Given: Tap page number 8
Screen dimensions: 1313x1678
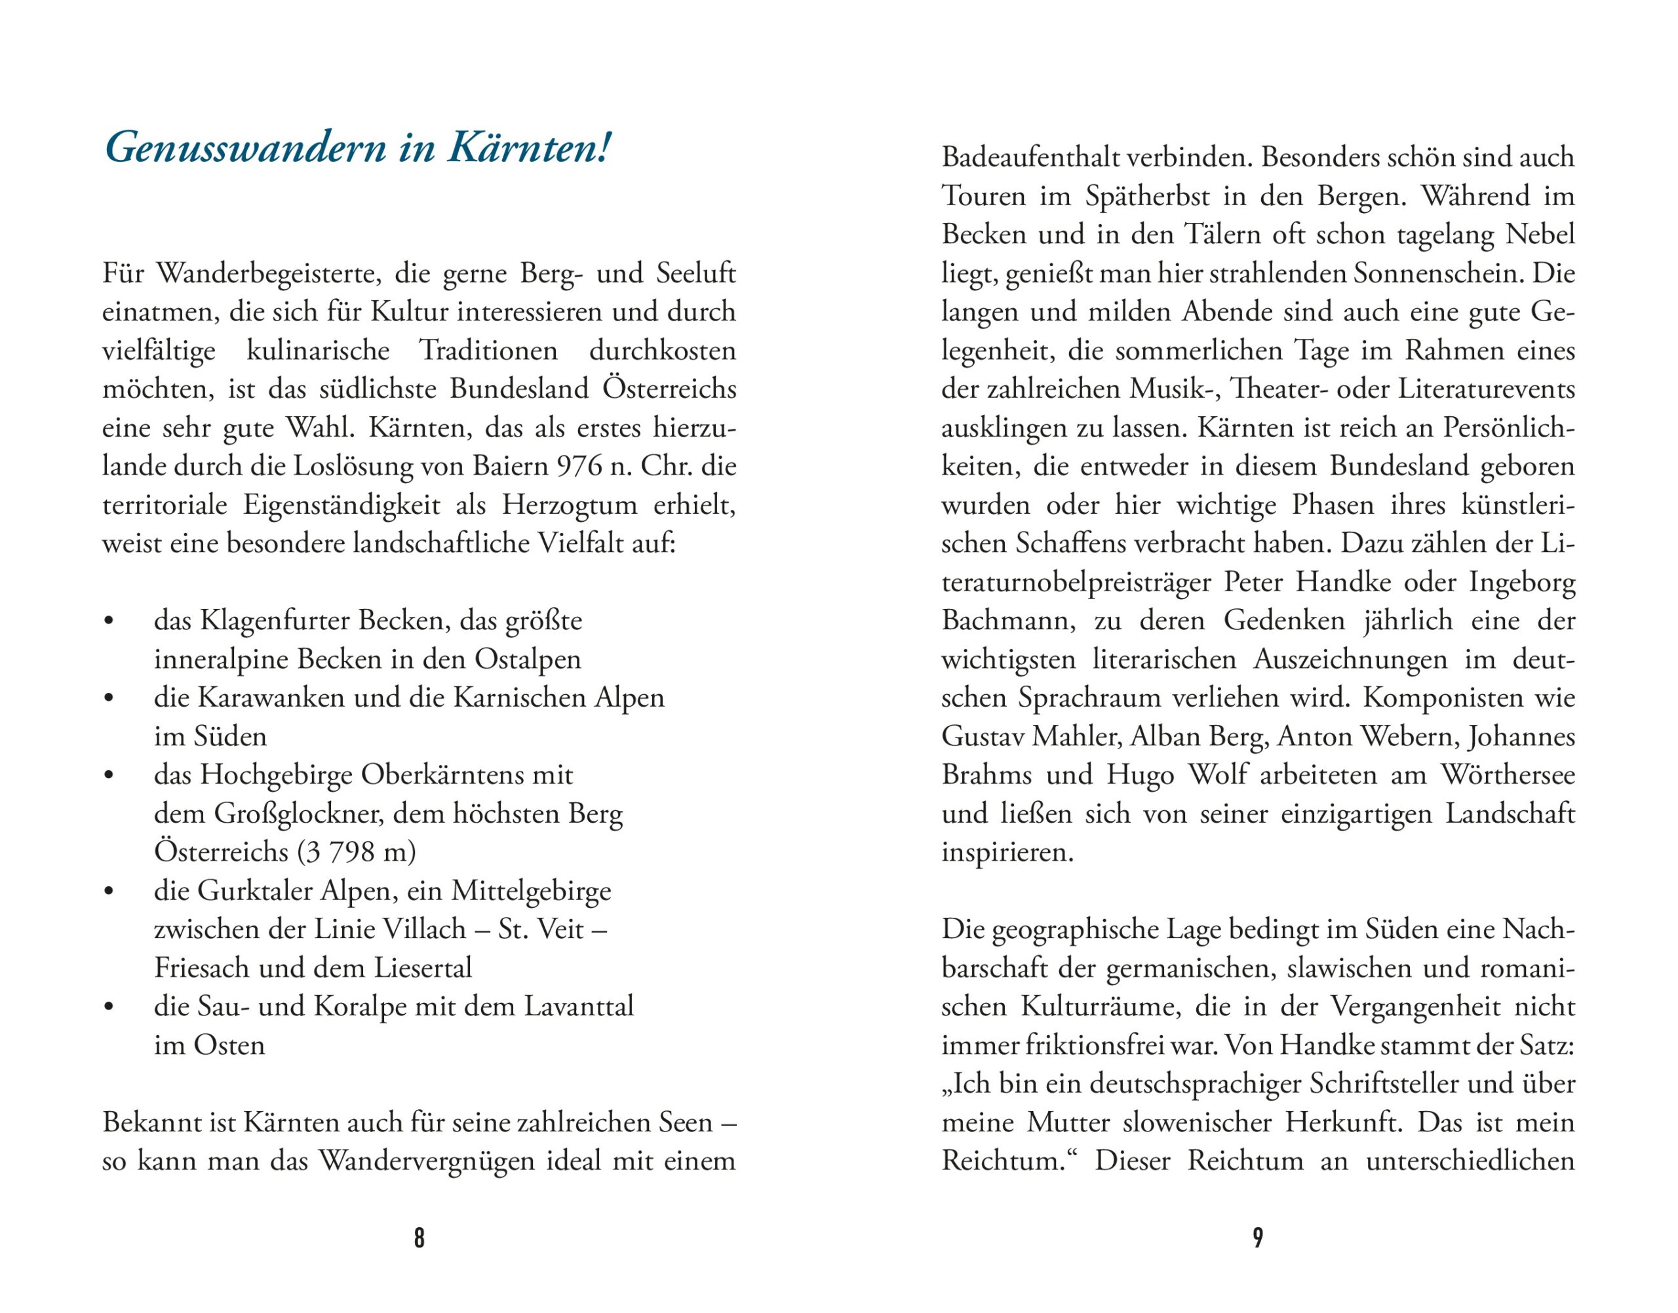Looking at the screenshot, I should click(419, 1237).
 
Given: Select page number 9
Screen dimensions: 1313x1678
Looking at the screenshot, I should click(1258, 1237).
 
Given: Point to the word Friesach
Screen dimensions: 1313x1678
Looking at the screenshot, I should click(201, 968).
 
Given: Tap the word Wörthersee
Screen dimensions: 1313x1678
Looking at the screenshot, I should click(1508, 774).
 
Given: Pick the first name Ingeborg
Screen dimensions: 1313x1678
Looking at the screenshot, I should click(1522, 582).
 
